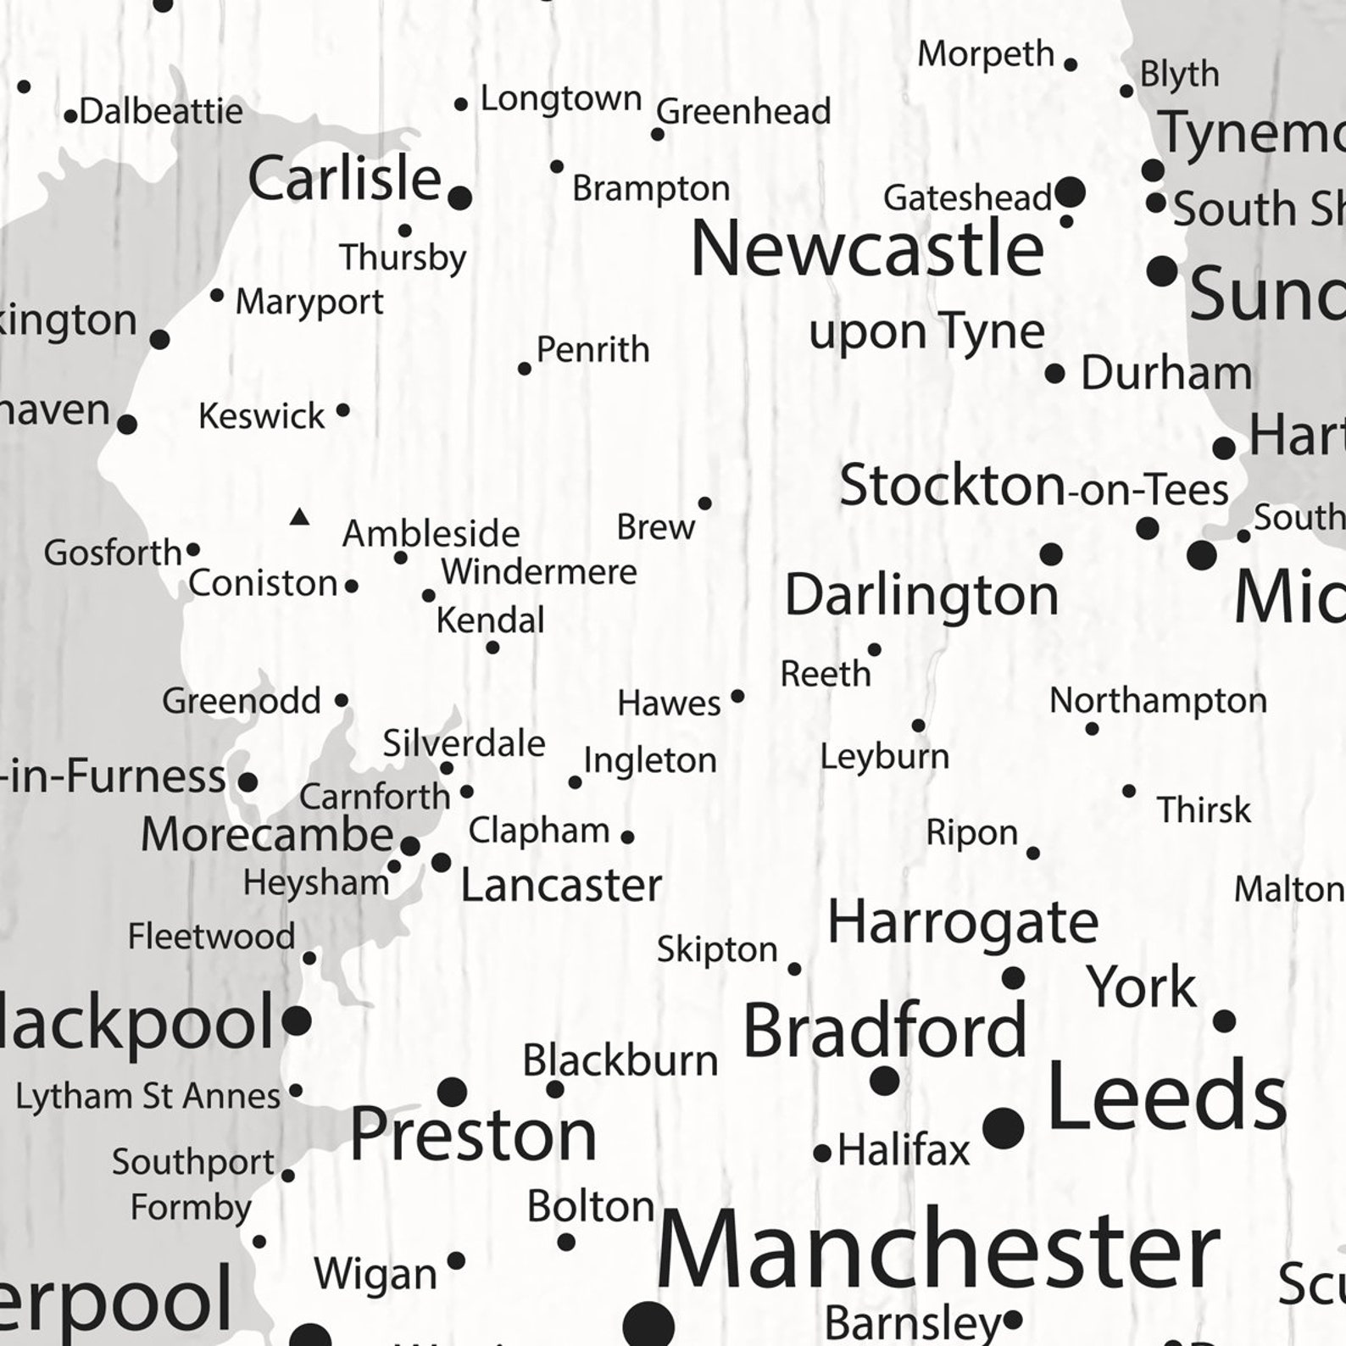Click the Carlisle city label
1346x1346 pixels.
coord(344,180)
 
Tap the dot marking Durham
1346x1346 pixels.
coord(1054,373)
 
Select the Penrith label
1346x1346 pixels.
coord(592,349)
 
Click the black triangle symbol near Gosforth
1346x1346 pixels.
coord(299,516)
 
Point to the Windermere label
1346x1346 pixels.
coord(538,572)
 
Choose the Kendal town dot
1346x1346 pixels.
coord(492,648)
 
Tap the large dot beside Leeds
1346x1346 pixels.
coord(1004,1127)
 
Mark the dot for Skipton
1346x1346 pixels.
coord(794,968)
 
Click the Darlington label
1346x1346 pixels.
coord(921,594)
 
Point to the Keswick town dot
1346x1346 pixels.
coord(342,410)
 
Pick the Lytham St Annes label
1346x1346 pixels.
coord(147,1096)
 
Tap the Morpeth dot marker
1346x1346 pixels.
coord(1071,64)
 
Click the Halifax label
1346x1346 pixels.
coord(904,1151)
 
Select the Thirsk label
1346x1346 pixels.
coord(1204,810)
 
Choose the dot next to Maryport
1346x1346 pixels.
coord(217,296)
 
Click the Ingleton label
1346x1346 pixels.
coord(650,760)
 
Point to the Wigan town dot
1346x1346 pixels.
coord(456,1260)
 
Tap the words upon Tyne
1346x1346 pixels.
coord(926,331)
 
